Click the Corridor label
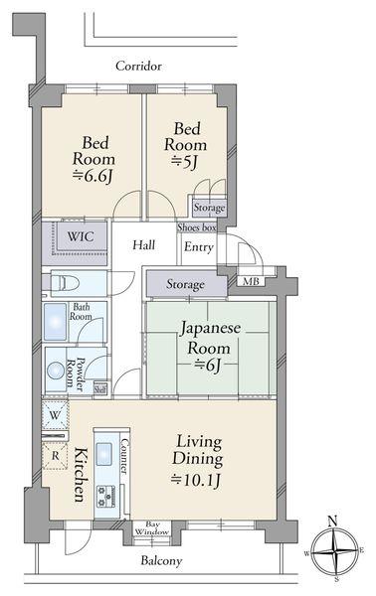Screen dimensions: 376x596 pyautogui.click(x=138, y=67)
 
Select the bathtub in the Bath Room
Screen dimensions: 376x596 pyautogui.click(x=55, y=322)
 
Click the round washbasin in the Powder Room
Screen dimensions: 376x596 pyautogui.click(x=56, y=371)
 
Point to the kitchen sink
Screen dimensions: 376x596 pyautogui.click(x=103, y=454)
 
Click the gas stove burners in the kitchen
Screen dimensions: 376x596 pyautogui.click(x=104, y=497)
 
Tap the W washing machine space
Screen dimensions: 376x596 pyautogui.click(x=55, y=415)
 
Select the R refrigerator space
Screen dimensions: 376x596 pyautogui.click(x=55, y=456)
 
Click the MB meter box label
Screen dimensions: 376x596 pyautogui.click(x=251, y=282)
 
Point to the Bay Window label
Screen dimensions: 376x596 pyautogui.click(x=152, y=528)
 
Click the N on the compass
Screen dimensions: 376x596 pyautogui.click(x=333, y=521)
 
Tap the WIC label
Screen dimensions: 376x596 pyautogui.click(x=81, y=236)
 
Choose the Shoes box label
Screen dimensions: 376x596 pyautogui.click(x=197, y=227)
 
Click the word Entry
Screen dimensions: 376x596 pyautogui.click(x=198, y=247)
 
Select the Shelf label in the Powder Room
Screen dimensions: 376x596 pyautogui.click(x=100, y=388)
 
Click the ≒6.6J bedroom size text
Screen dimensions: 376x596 pyautogui.click(x=93, y=176)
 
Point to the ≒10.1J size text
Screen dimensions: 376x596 pyautogui.click(x=196, y=481)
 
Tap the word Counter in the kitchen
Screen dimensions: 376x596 pyautogui.click(x=124, y=456)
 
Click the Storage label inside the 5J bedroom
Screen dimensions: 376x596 pyautogui.click(x=209, y=208)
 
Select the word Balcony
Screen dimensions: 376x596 pyautogui.click(x=161, y=560)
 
